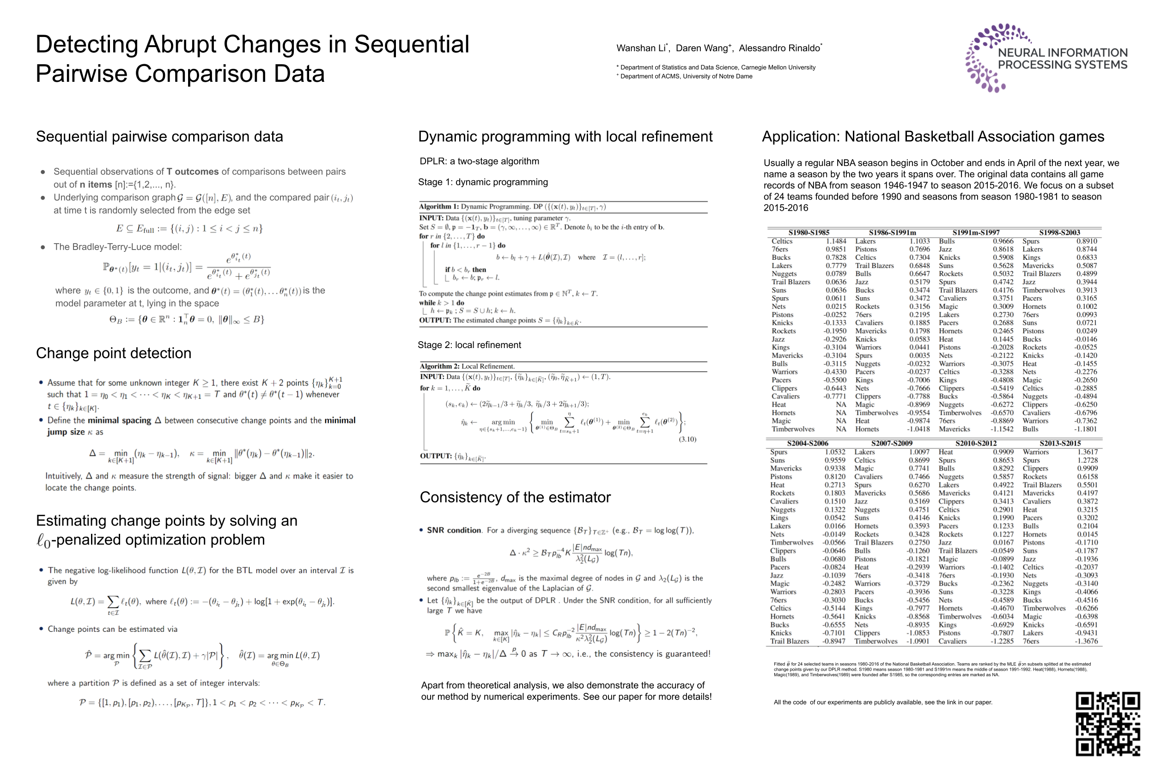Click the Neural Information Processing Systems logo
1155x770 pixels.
[1046, 58]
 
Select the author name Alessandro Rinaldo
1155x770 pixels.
[779, 48]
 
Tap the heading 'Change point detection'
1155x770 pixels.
[113, 353]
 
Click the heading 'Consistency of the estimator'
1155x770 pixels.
[515, 497]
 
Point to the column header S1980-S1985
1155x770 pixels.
[808, 232]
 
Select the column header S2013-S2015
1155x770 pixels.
[1059, 443]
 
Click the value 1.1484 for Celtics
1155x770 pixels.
[836, 241]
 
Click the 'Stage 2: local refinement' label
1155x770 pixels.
[469, 345]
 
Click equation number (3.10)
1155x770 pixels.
[687, 439]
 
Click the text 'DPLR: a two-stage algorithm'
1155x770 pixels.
[479, 161]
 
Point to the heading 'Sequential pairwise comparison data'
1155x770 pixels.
[159, 136]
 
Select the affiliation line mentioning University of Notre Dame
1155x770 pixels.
[686, 76]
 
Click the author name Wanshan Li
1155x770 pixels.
[641, 48]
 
